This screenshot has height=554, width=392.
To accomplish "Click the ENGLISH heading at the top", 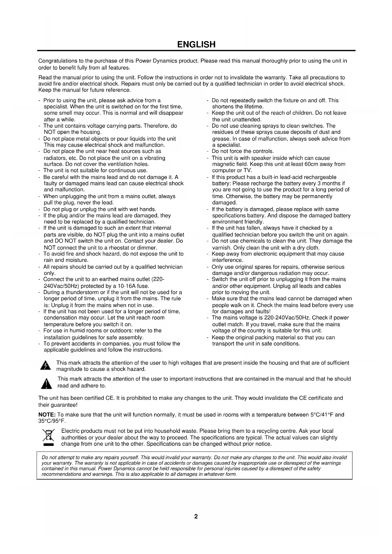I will [196, 45].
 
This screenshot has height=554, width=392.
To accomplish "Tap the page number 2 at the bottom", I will [196, 516].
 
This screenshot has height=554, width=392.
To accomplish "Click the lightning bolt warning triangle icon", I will [46, 366].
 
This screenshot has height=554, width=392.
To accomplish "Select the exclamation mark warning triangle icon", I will [46, 383].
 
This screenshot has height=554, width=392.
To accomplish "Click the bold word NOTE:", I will [47, 415].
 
